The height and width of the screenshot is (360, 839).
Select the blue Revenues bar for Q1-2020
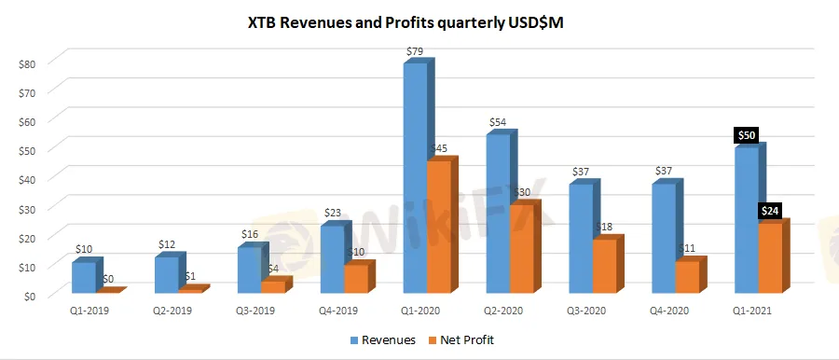[x=415, y=177]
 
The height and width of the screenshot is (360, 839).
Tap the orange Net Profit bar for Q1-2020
[x=438, y=228]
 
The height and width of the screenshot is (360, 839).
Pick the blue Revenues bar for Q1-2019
[x=84, y=278]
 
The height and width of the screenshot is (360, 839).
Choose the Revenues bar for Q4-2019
[x=331, y=259]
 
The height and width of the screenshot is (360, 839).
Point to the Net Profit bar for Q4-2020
[x=685, y=277]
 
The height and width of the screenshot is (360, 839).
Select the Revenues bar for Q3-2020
[x=579, y=239]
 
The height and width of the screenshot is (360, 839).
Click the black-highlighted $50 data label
[x=748, y=135]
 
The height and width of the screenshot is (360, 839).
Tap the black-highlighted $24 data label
[x=772, y=211]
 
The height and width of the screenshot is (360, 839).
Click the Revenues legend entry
[x=384, y=340]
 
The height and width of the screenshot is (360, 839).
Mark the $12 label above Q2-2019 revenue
[x=166, y=244]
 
